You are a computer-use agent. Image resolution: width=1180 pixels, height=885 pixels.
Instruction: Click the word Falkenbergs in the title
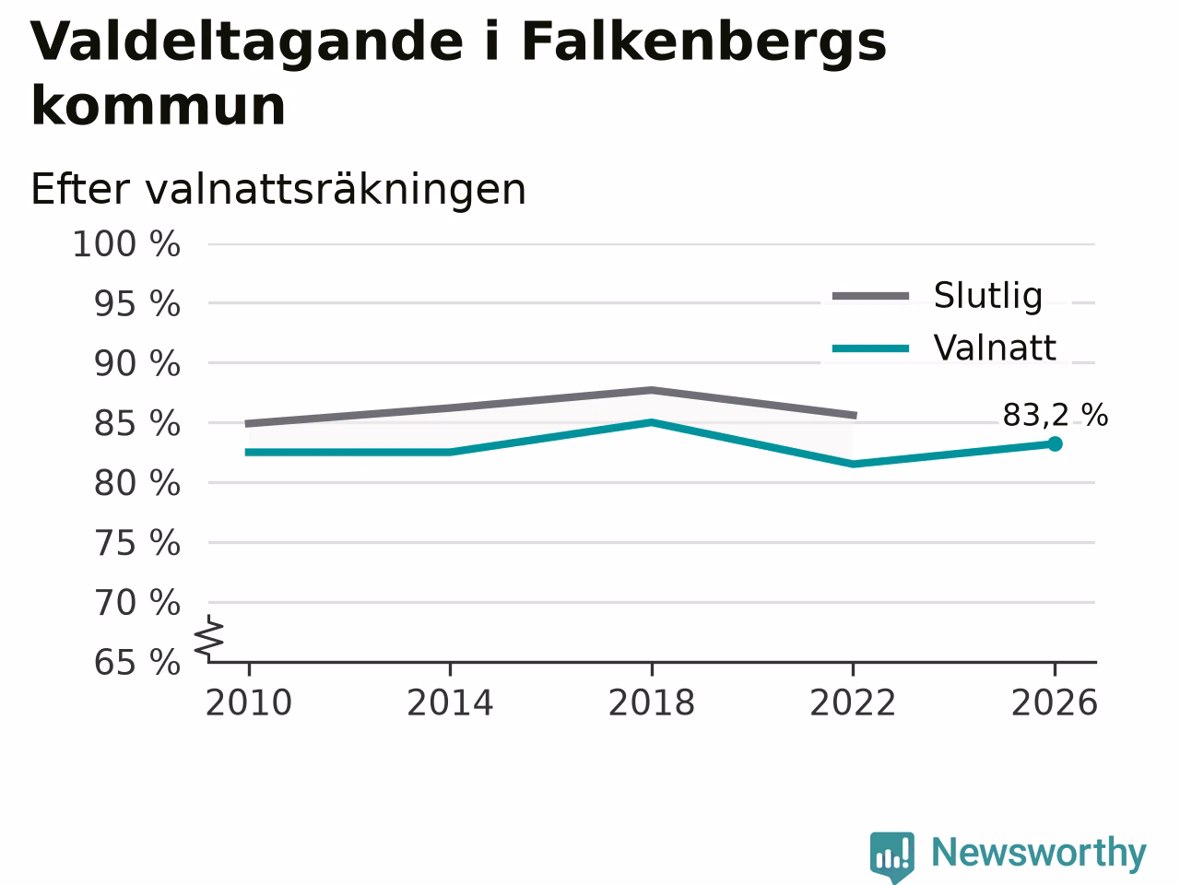(x=703, y=42)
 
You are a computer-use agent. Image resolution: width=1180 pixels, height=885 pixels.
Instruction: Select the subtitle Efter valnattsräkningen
(x=278, y=190)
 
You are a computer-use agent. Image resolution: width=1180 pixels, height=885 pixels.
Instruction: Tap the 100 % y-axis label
(x=126, y=244)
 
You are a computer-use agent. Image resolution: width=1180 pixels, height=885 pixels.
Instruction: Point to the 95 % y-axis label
(x=137, y=304)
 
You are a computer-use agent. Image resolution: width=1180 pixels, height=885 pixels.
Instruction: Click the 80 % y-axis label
(x=137, y=484)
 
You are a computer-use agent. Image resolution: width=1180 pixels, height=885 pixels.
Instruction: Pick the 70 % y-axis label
(x=137, y=603)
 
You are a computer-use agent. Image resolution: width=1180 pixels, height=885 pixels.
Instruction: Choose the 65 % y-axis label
(x=137, y=662)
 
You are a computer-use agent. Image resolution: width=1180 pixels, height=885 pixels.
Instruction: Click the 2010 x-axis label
(x=248, y=703)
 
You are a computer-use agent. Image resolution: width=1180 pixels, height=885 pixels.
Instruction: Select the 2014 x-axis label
(x=450, y=703)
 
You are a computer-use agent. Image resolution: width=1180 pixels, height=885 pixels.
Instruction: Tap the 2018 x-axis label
(x=652, y=703)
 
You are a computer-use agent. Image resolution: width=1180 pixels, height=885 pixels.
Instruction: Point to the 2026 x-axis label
(x=1055, y=703)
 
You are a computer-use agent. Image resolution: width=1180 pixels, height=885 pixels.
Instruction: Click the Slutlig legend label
(x=988, y=296)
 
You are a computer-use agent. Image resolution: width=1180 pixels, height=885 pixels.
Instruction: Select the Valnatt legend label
(x=995, y=348)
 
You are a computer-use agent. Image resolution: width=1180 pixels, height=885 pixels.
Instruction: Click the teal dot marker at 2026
(x=1055, y=443)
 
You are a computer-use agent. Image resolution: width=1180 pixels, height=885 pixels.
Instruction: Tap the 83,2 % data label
(x=1056, y=416)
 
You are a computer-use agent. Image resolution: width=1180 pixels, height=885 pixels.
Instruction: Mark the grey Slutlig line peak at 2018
(x=652, y=390)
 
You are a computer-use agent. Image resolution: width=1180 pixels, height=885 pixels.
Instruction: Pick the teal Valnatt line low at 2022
(x=853, y=464)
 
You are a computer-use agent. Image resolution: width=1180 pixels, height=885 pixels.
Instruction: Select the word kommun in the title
(x=158, y=105)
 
